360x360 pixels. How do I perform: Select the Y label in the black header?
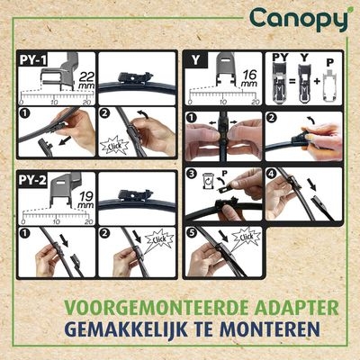[x=197, y=59]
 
